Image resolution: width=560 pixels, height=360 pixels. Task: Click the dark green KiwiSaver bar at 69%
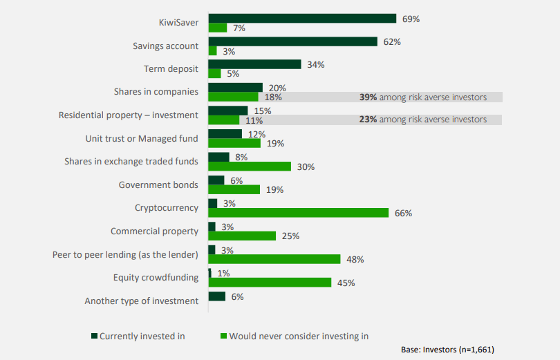click(x=302, y=19)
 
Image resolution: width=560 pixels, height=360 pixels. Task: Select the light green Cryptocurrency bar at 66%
click(x=299, y=213)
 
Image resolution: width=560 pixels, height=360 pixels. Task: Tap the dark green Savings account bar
click(x=292, y=41)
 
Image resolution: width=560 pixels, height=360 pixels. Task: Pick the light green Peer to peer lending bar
click(x=274, y=259)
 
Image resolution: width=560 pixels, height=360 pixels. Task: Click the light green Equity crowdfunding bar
click(x=270, y=282)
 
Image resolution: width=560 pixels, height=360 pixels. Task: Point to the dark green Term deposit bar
click(x=254, y=64)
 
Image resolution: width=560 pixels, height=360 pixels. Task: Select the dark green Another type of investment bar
click(x=217, y=296)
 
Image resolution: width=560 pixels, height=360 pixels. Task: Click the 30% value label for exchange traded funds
click(x=306, y=167)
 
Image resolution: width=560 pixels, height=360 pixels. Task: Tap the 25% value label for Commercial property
click(x=290, y=236)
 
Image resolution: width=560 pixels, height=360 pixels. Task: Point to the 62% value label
click(x=393, y=41)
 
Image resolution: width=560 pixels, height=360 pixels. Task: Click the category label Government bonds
click(x=158, y=184)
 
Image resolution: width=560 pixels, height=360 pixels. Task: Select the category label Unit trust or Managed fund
click(x=142, y=138)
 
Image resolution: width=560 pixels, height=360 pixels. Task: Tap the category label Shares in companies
click(x=156, y=91)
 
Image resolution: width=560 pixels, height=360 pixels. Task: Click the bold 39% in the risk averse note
click(x=368, y=97)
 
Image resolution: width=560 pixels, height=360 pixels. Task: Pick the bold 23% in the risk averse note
click(x=368, y=120)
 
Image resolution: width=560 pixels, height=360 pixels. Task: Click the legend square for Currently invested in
click(x=95, y=337)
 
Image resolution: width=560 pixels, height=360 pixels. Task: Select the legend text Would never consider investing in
click(x=299, y=337)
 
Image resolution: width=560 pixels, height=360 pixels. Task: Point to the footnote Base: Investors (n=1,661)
click(x=447, y=350)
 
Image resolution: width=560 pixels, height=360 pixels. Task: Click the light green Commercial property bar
click(x=242, y=236)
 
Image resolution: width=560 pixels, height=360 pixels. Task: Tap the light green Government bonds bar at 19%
click(x=234, y=189)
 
